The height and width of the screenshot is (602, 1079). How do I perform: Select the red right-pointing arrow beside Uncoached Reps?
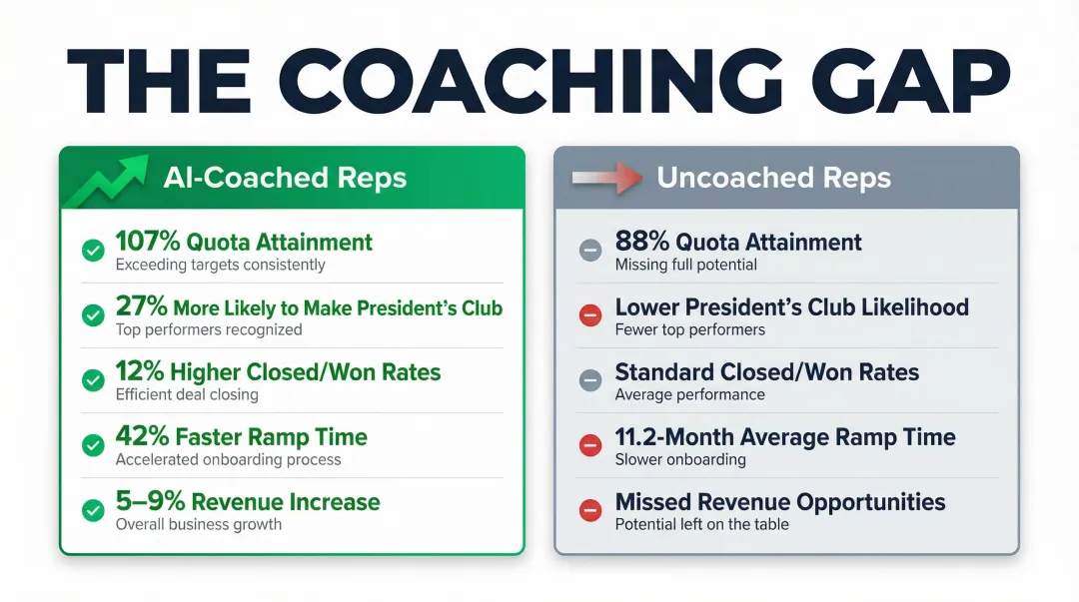coord(605,180)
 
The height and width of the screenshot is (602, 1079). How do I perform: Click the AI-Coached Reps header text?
coord(285,179)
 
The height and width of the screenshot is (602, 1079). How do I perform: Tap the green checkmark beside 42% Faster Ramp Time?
coord(93,445)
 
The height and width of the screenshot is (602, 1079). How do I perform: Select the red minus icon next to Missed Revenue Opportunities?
coord(590,511)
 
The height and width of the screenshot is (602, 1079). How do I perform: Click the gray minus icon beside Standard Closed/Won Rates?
coord(590,380)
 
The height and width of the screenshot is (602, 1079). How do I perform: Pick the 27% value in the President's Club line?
coord(141,307)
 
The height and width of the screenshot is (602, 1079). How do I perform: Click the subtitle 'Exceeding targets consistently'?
coord(220,265)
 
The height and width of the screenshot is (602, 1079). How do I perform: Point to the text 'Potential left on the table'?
coord(701,524)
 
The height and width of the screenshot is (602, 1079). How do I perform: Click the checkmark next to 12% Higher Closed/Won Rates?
coord(93,380)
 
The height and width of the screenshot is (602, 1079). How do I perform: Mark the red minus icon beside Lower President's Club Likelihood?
coord(590,315)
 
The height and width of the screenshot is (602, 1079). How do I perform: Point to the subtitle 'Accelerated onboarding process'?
coord(228,459)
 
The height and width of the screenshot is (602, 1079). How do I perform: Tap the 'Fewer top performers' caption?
coord(689,329)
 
